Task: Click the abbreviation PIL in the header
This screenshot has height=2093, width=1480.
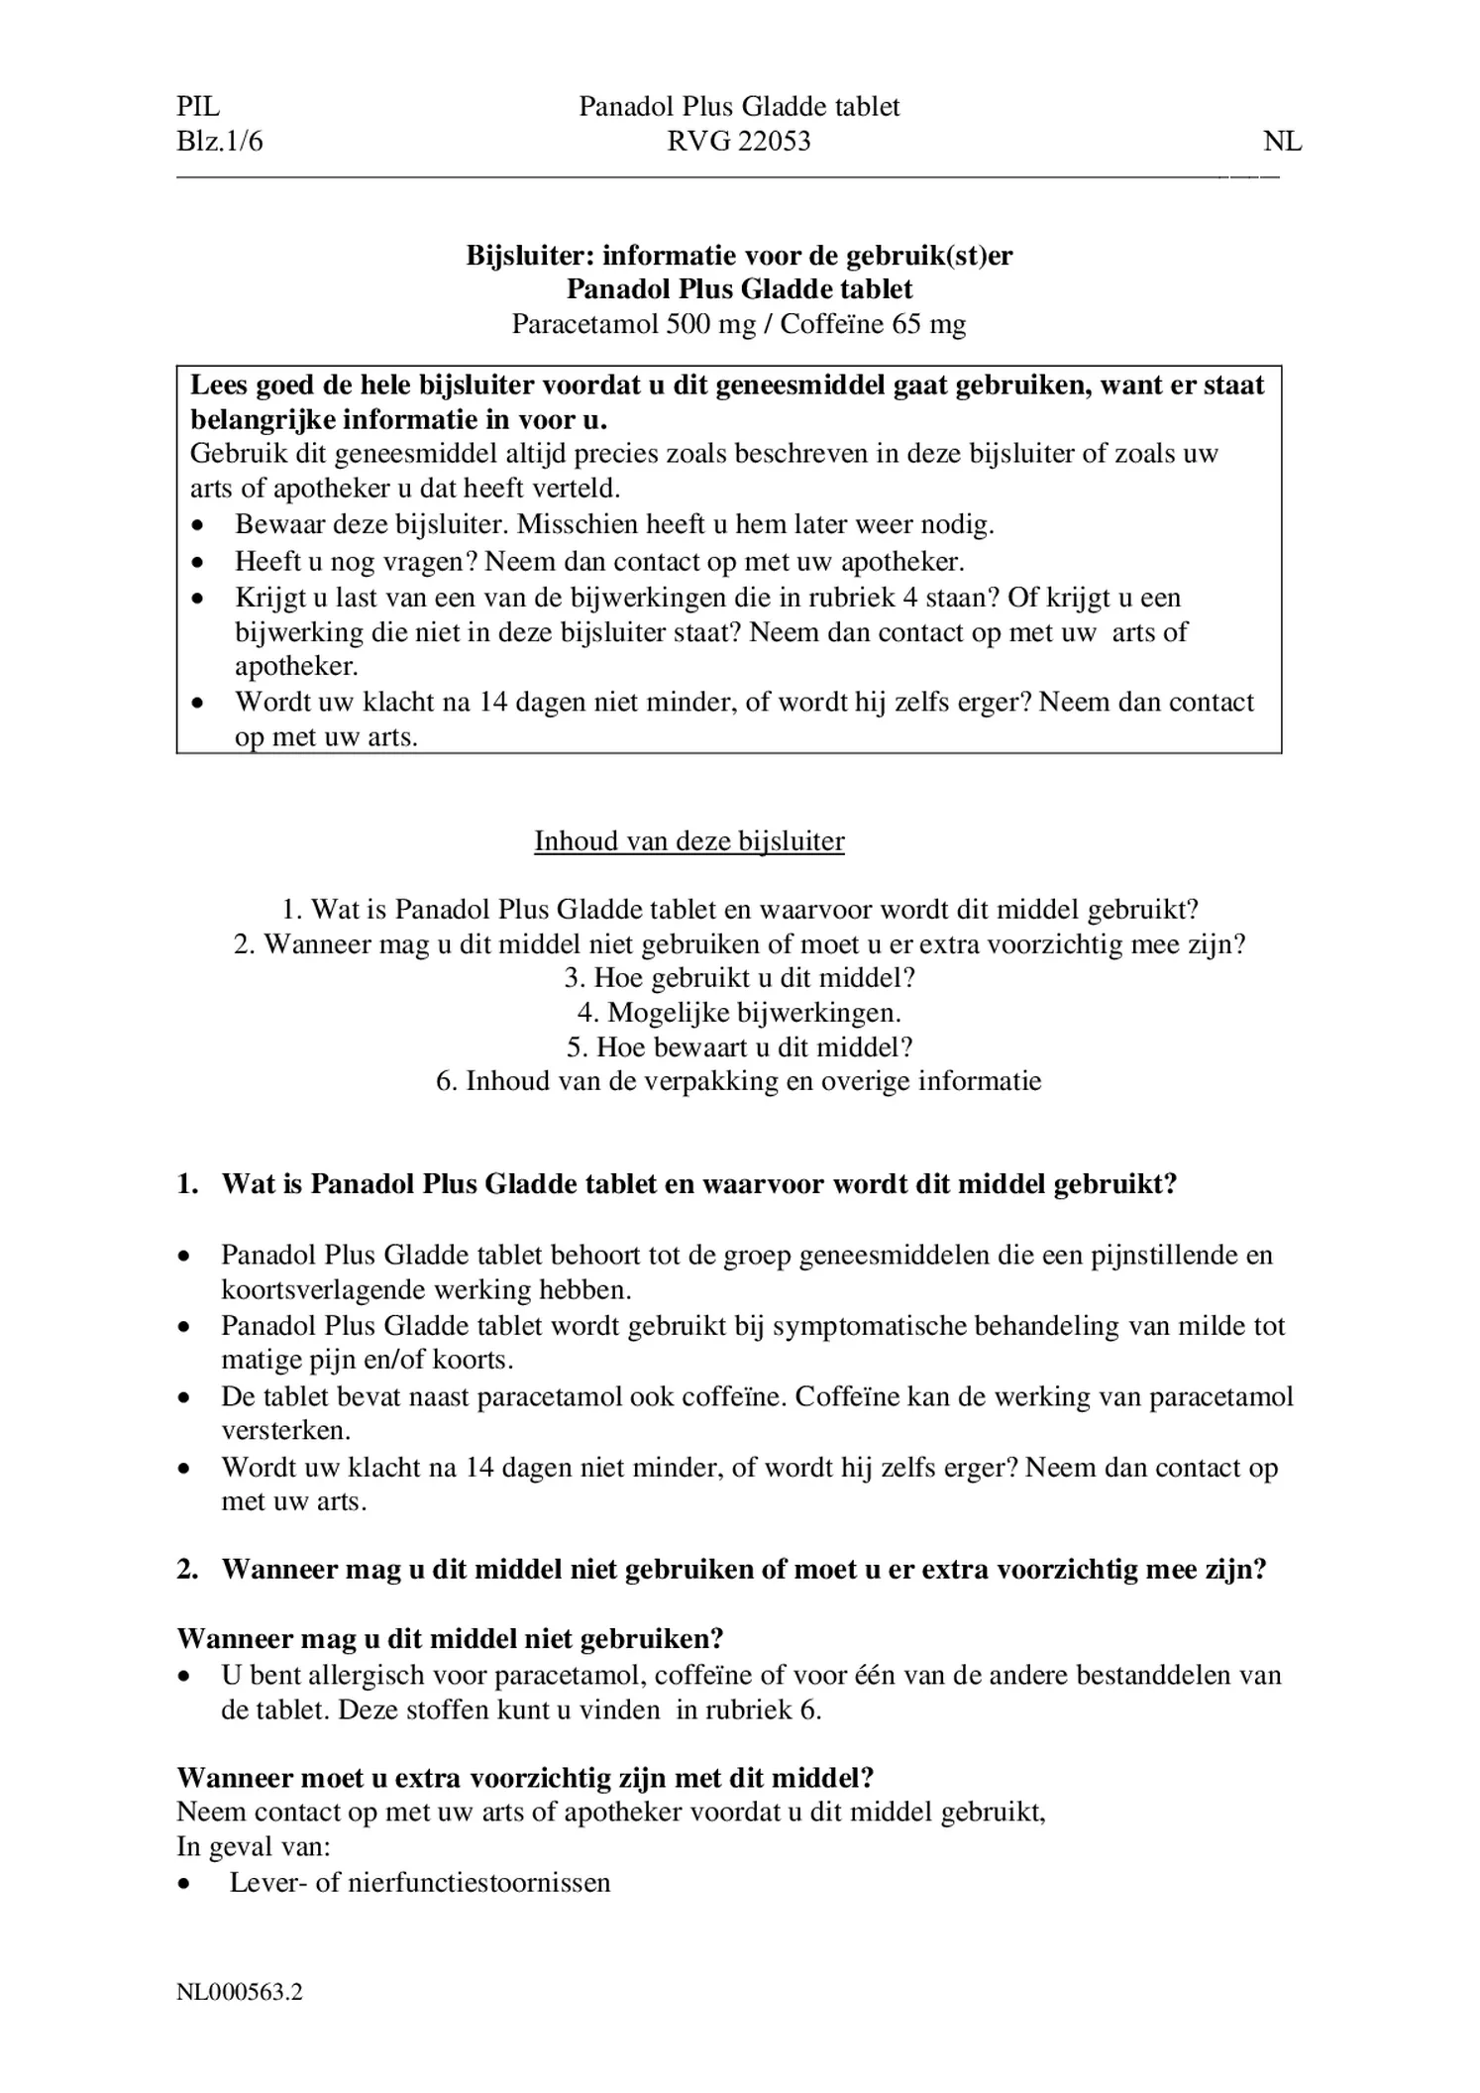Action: coord(198,107)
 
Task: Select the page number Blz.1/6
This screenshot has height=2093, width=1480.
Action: coord(220,142)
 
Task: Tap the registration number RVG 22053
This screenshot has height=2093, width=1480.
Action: coord(738,142)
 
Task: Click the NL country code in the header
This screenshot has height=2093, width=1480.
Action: coord(1282,142)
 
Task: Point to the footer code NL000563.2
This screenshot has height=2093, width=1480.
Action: coord(240,1992)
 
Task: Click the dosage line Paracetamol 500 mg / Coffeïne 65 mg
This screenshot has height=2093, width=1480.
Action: coord(738,324)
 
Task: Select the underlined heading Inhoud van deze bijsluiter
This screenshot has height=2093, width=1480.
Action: coord(688,841)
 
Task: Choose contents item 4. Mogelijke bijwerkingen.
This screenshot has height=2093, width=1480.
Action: coord(739,1012)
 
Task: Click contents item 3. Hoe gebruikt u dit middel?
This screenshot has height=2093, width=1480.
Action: coord(739,978)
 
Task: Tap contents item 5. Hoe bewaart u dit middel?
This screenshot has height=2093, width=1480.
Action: coord(739,1046)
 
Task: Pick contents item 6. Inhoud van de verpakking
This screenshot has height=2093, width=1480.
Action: coord(739,1080)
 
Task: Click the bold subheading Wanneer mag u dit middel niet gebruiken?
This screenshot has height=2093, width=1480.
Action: coord(451,1638)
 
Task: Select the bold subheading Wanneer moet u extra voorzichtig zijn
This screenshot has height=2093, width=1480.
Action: coord(525,1777)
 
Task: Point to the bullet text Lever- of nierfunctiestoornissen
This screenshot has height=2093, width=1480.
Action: coord(420,1882)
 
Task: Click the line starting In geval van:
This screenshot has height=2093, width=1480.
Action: coord(254,1846)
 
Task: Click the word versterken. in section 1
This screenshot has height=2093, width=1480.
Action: coord(285,1430)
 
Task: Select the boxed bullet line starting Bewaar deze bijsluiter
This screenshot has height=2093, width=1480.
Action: coord(614,524)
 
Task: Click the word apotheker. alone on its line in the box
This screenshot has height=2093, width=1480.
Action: coord(296,666)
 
